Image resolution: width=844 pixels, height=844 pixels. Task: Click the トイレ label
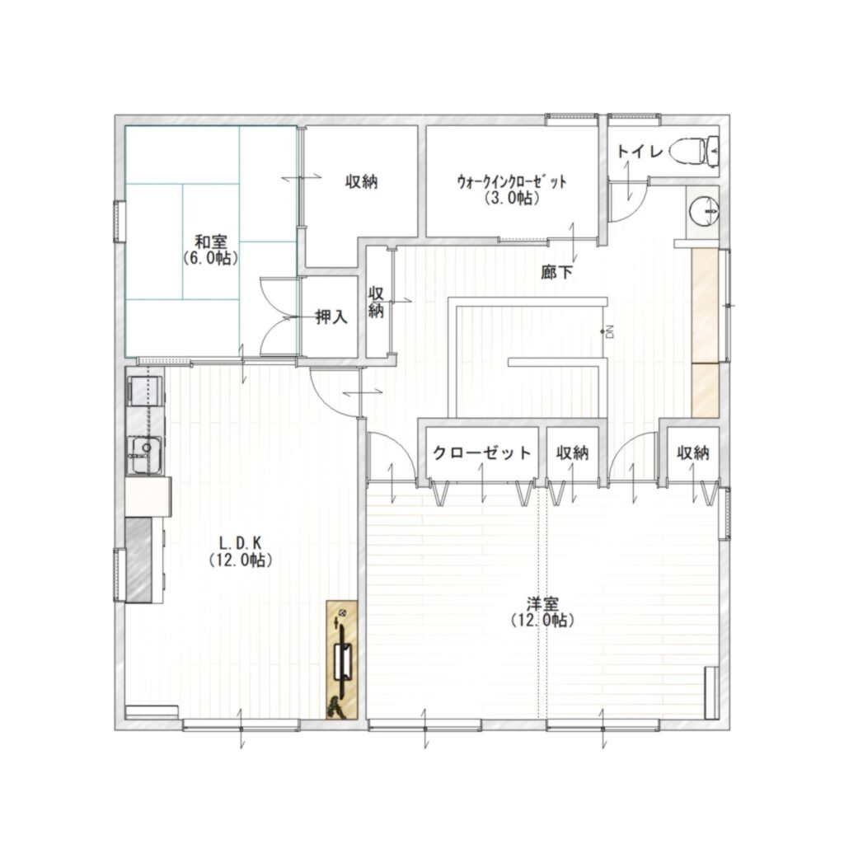[x=640, y=152]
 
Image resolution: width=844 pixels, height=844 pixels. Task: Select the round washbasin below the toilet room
[x=705, y=210]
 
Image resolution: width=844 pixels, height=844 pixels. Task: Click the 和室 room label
[x=210, y=241]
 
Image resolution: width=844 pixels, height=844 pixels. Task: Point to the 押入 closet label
[x=331, y=317]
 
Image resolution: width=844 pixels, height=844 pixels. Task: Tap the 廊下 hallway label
[x=557, y=273]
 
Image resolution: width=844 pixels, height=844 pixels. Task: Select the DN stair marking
[x=610, y=332]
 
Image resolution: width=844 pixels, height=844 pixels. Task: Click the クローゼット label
[x=482, y=452]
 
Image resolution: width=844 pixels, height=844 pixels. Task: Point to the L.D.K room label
[x=240, y=542]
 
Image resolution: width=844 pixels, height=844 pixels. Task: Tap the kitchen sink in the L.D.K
[x=144, y=455]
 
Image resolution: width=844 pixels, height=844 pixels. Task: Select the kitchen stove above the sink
[x=144, y=391]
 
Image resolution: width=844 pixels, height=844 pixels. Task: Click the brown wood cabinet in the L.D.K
[x=342, y=659]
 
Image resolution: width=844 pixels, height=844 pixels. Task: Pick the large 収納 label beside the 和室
[x=362, y=182]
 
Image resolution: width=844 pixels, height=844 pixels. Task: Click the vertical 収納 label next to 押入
[x=376, y=302]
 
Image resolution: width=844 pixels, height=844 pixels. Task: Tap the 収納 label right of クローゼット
[x=573, y=452]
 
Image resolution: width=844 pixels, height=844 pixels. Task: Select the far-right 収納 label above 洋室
[x=693, y=452]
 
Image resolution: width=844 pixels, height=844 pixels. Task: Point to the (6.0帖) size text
[x=210, y=258]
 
